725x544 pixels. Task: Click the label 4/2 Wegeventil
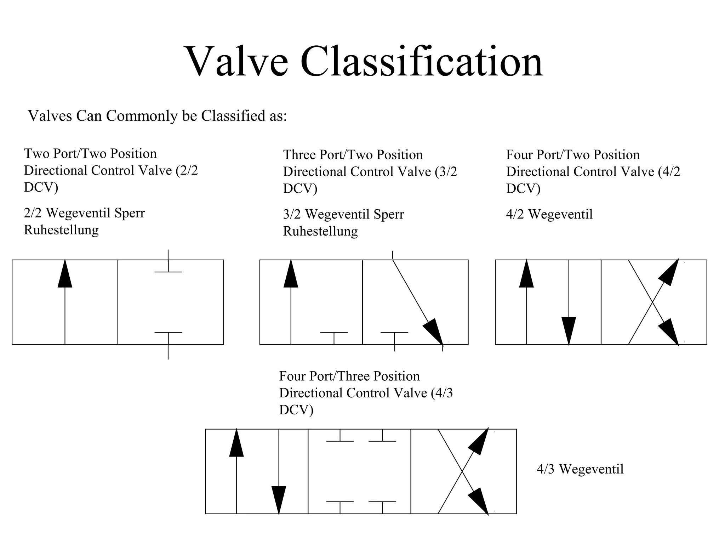[x=549, y=214]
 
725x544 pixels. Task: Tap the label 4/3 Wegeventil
[x=580, y=469]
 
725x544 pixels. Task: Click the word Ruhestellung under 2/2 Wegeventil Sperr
[x=61, y=230]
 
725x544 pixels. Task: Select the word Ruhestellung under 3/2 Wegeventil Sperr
[x=320, y=232]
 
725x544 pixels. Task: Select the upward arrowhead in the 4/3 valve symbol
[x=236, y=443]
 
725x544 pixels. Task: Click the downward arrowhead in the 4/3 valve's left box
[x=279, y=500]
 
